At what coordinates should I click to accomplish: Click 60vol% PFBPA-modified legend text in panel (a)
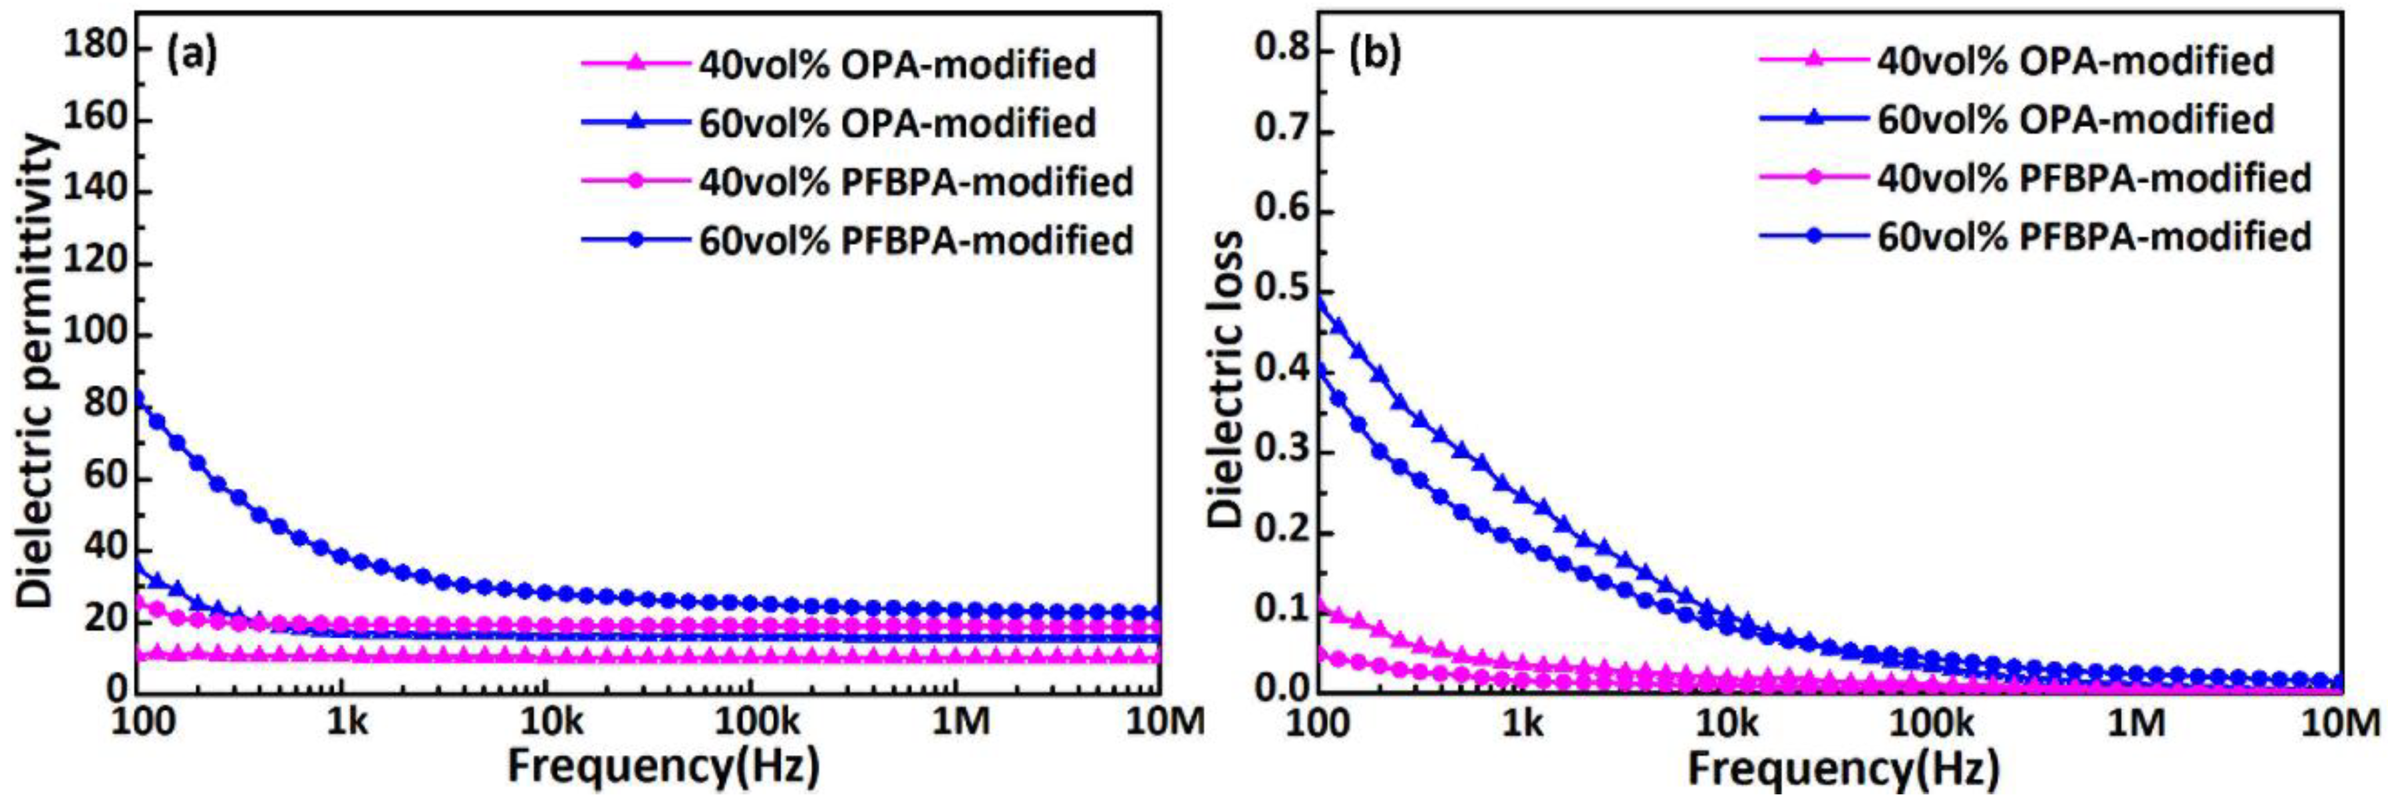point(916,240)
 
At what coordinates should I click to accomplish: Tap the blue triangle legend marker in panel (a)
point(636,122)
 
